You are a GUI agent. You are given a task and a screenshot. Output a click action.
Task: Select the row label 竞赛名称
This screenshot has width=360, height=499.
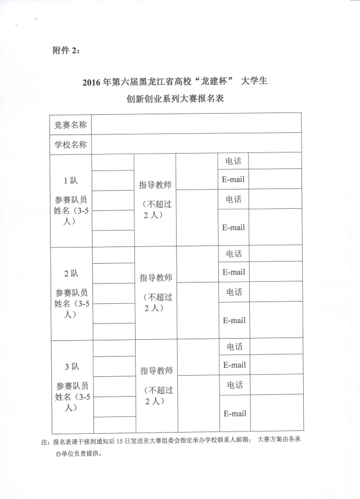(x=70, y=124)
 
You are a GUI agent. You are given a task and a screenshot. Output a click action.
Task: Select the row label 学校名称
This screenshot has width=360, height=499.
(x=70, y=144)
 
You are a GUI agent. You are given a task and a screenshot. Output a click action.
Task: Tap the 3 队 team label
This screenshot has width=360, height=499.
(x=71, y=366)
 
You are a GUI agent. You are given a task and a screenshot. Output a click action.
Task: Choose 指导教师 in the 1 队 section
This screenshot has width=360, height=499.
(x=155, y=185)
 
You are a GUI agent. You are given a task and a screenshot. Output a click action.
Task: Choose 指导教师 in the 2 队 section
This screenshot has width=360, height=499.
(x=156, y=277)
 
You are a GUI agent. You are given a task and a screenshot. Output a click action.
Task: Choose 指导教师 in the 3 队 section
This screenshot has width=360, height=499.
(x=156, y=371)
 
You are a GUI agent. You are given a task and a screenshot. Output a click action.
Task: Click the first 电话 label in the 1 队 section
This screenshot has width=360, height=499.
(x=233, y=161)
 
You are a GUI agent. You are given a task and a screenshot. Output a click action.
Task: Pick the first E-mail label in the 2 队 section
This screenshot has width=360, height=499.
(x=234, y=272)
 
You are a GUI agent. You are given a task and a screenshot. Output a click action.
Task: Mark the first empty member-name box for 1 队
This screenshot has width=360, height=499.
(x=112, y=162)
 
